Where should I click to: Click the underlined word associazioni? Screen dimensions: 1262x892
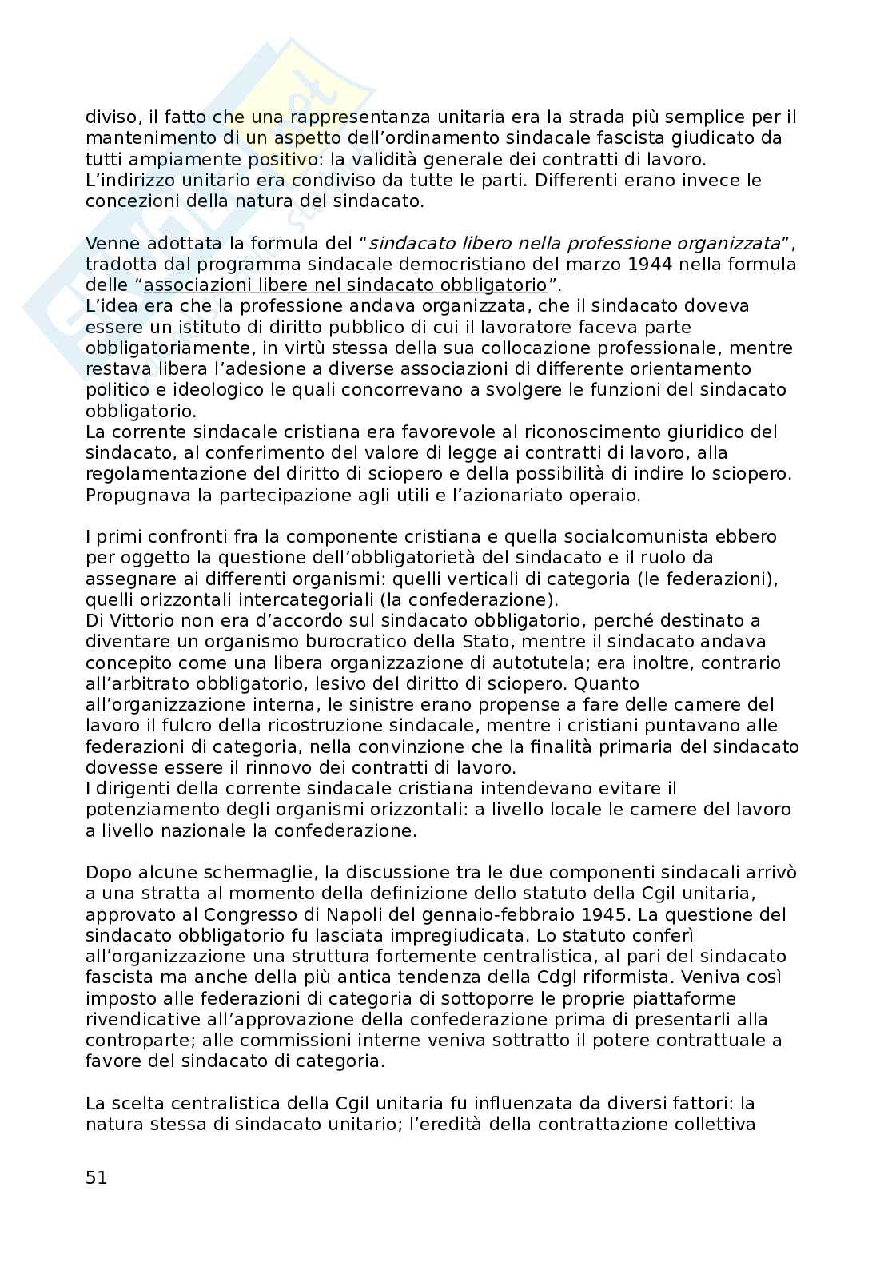click(x=194, y=285)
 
